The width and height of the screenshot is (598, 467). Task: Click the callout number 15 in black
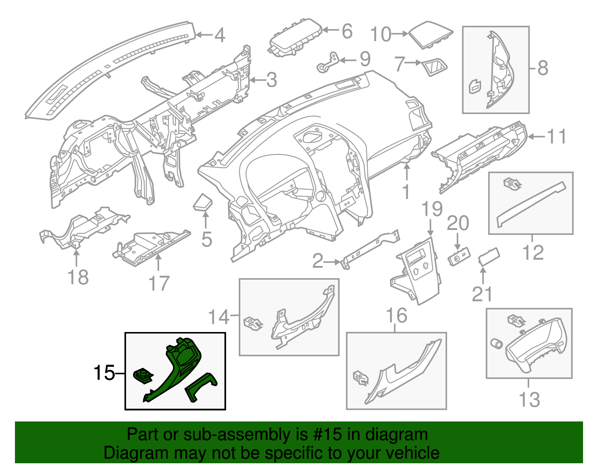coord(104,373)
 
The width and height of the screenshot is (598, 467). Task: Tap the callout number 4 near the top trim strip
coord(220,35)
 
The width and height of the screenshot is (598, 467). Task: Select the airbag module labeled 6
coord(295,37)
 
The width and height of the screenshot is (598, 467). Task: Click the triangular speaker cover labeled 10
coord(430,34)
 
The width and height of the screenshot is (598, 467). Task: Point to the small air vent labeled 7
coord(434,67)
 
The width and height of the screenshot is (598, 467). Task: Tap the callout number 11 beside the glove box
coord(557,136)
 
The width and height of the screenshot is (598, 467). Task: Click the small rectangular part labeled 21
coord(489,256)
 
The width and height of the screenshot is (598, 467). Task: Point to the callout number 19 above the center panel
coord(432,209)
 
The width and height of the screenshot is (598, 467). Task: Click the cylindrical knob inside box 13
coord(497,343)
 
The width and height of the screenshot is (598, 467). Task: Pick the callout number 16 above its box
coord(396,316)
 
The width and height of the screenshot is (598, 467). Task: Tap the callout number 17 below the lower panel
coord(159,283)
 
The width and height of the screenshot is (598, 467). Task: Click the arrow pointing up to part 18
coord(76,256)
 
